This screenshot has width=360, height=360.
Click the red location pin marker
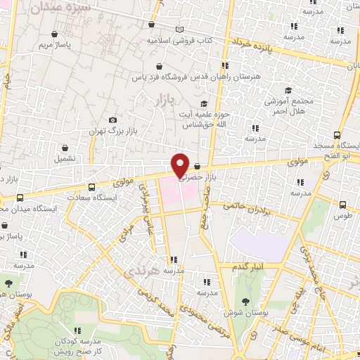[181, 165]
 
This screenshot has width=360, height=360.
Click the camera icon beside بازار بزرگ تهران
[113, 120]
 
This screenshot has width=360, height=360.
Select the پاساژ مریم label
[55, 45]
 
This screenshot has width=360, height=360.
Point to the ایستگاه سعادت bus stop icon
[92, 187]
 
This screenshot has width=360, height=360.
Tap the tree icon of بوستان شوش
[246, 297]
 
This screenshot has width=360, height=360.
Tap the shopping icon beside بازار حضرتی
[197, 167]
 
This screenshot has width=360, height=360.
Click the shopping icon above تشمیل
[65, 148]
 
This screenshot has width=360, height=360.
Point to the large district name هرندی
[136, 271]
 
